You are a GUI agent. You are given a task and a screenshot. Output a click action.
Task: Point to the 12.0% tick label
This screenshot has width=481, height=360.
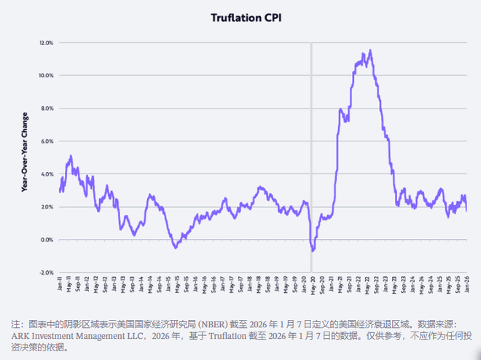46,43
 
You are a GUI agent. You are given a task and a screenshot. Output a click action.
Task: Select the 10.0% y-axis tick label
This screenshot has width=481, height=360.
46,76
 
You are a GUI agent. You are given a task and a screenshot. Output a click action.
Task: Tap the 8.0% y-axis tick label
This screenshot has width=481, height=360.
47,109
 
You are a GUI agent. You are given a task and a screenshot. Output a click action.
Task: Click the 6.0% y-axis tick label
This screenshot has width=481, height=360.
47,141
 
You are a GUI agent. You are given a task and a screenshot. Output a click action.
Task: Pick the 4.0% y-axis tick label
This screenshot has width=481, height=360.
47,174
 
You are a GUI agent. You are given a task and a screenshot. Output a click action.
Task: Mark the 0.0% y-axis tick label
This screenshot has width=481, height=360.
47,240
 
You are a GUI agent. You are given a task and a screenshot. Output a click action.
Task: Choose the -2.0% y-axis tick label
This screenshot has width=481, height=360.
46,273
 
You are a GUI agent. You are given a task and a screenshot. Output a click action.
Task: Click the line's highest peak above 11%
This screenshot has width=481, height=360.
370,50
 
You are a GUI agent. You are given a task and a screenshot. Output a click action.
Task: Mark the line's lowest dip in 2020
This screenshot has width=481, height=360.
313,251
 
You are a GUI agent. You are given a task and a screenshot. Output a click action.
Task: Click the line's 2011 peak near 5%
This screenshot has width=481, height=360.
71,155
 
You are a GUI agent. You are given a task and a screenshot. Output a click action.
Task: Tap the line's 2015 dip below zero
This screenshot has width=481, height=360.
175,248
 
